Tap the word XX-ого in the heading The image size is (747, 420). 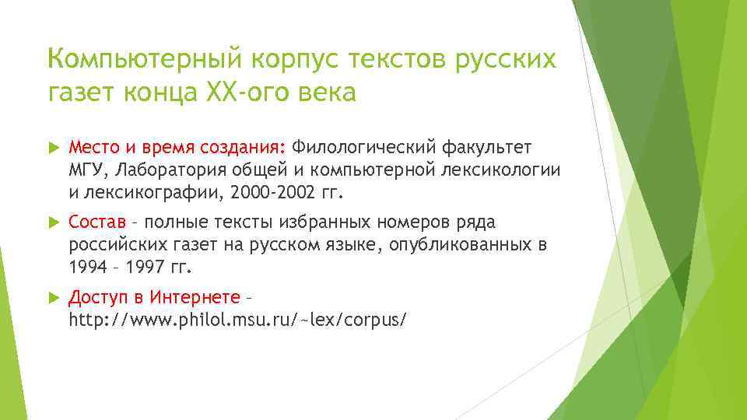[x=227, y=93]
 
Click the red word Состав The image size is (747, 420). [x=92, y=223]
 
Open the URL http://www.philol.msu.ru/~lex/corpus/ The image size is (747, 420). [x=237, y=320]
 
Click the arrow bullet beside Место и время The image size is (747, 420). [x=54, y=148]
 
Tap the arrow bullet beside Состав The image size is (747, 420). [x=54, y=223]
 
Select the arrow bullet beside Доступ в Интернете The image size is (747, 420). [x=54, y=298]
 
